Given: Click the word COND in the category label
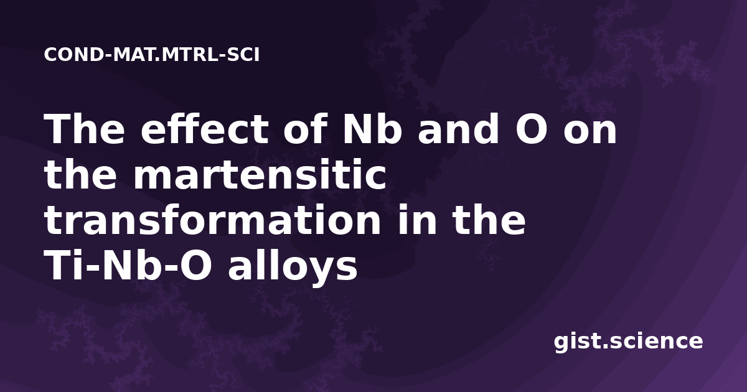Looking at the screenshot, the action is [x=73, y=55].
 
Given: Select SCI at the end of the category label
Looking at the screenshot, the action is [x=243, y=55].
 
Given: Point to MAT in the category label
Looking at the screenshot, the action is [x=134, y=55].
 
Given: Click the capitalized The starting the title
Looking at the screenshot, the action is [x=85, y=129].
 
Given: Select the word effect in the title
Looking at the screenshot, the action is [x=205, y=129].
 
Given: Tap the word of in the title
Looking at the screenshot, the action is [x=305, y=129].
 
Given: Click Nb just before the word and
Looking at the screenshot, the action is [x=372, y=129].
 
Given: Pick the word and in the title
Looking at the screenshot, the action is [x=458, y=129].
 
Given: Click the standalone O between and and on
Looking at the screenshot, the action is [x=531, y=129].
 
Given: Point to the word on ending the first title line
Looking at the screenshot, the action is [x=590, y=133].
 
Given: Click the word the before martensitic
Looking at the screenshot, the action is [x=80, y=174].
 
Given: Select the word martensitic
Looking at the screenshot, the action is [x=260, y=174].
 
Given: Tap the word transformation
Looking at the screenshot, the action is [x=212, y=219].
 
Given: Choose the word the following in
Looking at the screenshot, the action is [x=489, y=219].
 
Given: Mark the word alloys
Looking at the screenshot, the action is [x=293, y=267].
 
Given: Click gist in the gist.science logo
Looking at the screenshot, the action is [x=578, y=342].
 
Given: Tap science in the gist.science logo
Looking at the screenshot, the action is [x=656, y=342].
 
